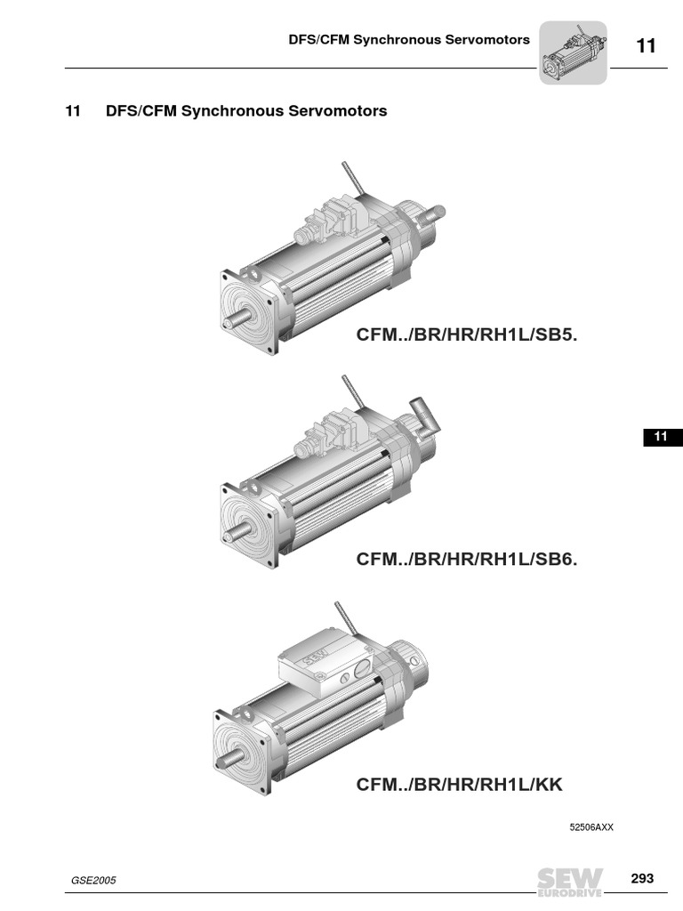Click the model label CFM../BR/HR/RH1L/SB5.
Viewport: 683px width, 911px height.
click(x=466, y=335)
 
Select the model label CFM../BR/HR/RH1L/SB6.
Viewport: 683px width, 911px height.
click(x=466, y=559)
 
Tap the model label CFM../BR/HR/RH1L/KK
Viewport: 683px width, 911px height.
click(x=460, y=785)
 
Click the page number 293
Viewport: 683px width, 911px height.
click(x=642, y=878)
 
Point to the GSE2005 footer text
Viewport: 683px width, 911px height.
click(x=93, y=880)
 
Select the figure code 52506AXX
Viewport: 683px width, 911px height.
click(x=591, y=827)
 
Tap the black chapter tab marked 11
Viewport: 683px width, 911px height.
click(x=663, y=437)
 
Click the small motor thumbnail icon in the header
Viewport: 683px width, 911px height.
click(x=574, y=52)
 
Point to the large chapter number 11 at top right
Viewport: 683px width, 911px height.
click(x=647, y=46)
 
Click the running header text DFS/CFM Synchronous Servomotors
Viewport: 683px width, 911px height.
click(x=409, y=39)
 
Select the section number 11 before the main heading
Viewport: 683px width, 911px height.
click(x=73, y=111)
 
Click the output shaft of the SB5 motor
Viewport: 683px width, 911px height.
click(x=237, y=320)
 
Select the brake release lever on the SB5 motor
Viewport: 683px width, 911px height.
click(x=353, y=178)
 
